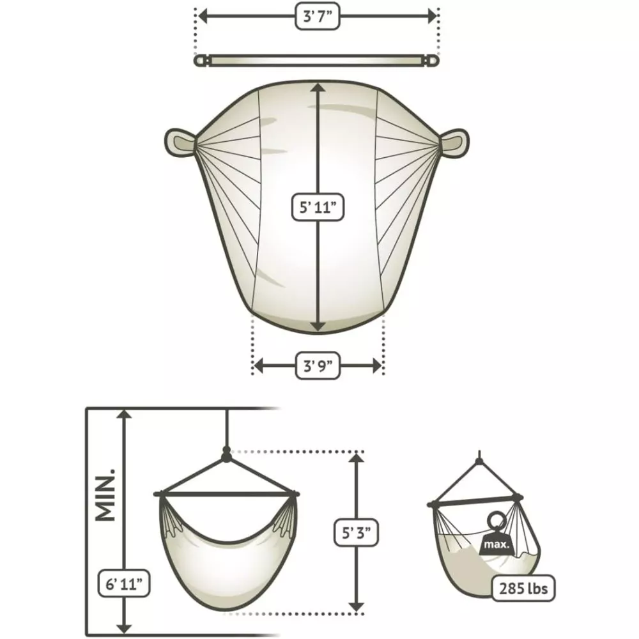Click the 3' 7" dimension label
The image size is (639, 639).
click(x=317, y=17)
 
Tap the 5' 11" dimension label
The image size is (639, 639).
click(x=318, y=208)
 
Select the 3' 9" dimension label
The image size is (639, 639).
click(x=317, y=366)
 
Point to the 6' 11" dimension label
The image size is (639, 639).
click(x=124, y=583)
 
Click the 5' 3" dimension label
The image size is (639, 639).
click(x=356, y=533)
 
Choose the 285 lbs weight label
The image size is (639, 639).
click(x=523, y=589)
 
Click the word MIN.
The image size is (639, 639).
click(x=105, y=495)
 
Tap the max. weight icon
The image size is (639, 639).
click(x=497, y=534)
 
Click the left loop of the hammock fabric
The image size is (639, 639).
click(x=180, y=142)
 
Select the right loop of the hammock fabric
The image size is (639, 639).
click(x=454, y=142)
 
